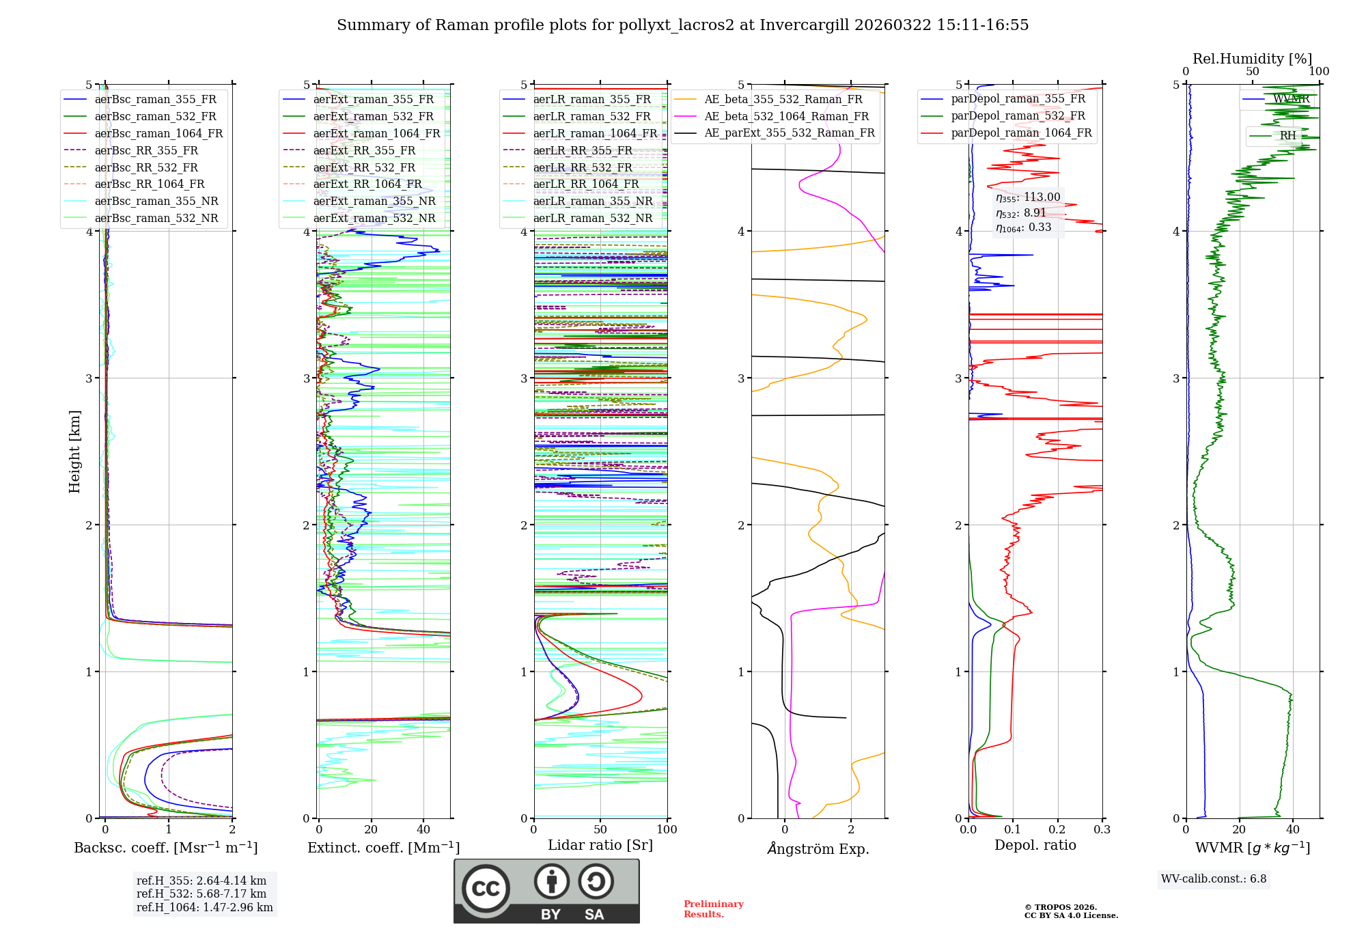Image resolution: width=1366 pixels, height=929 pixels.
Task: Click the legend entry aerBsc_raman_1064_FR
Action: tap(158, 133)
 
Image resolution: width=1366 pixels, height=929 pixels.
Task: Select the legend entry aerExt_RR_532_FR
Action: tap(364, 167)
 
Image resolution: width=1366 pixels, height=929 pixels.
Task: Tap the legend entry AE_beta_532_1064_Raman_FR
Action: tap(786, 116)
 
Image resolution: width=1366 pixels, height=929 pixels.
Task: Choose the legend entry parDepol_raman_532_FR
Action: tap(1018, 115)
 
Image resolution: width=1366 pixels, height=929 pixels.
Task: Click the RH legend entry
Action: tap(1287, 135)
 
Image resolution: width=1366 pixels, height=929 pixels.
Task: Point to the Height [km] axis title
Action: tap(74, 452)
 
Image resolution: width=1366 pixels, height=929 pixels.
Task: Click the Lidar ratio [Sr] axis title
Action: tap(600, 845)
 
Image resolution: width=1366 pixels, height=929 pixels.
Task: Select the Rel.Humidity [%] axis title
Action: tap(1252, 59)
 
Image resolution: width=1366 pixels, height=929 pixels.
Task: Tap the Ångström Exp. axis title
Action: tap(818, 848)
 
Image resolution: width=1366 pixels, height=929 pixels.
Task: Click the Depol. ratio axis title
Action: tap(1035, 845)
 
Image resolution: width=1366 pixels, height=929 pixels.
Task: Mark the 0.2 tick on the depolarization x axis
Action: tap(1057, 829)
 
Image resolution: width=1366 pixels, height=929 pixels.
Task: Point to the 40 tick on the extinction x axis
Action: tap(423, 829)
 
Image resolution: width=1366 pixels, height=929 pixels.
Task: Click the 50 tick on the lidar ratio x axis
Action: tap(600, 829)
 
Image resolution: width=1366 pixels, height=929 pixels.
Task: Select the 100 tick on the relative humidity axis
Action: tap(1319, 71)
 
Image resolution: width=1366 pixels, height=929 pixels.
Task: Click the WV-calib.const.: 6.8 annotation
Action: tap(1213, 878)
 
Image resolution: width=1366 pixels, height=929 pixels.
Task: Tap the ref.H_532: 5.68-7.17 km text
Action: tap(201, 893)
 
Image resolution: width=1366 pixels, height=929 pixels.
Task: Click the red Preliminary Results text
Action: tap(713, 909)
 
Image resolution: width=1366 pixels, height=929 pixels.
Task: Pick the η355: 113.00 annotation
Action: tap(1027, 197)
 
